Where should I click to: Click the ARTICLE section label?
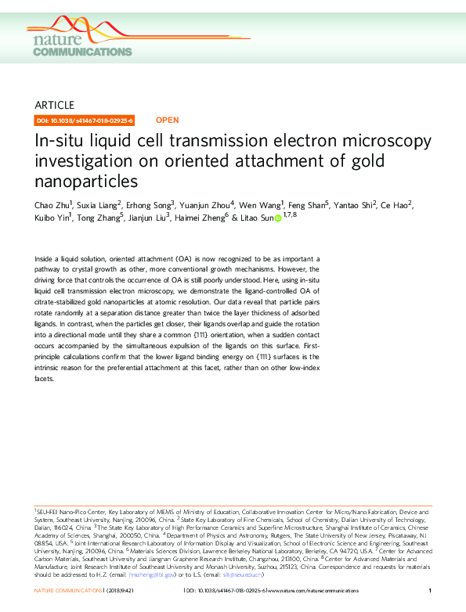pos(54,105)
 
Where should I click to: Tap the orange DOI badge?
pos(85,121)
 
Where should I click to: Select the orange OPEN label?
pos(167,121)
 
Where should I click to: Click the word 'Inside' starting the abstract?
pos(46,257)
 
